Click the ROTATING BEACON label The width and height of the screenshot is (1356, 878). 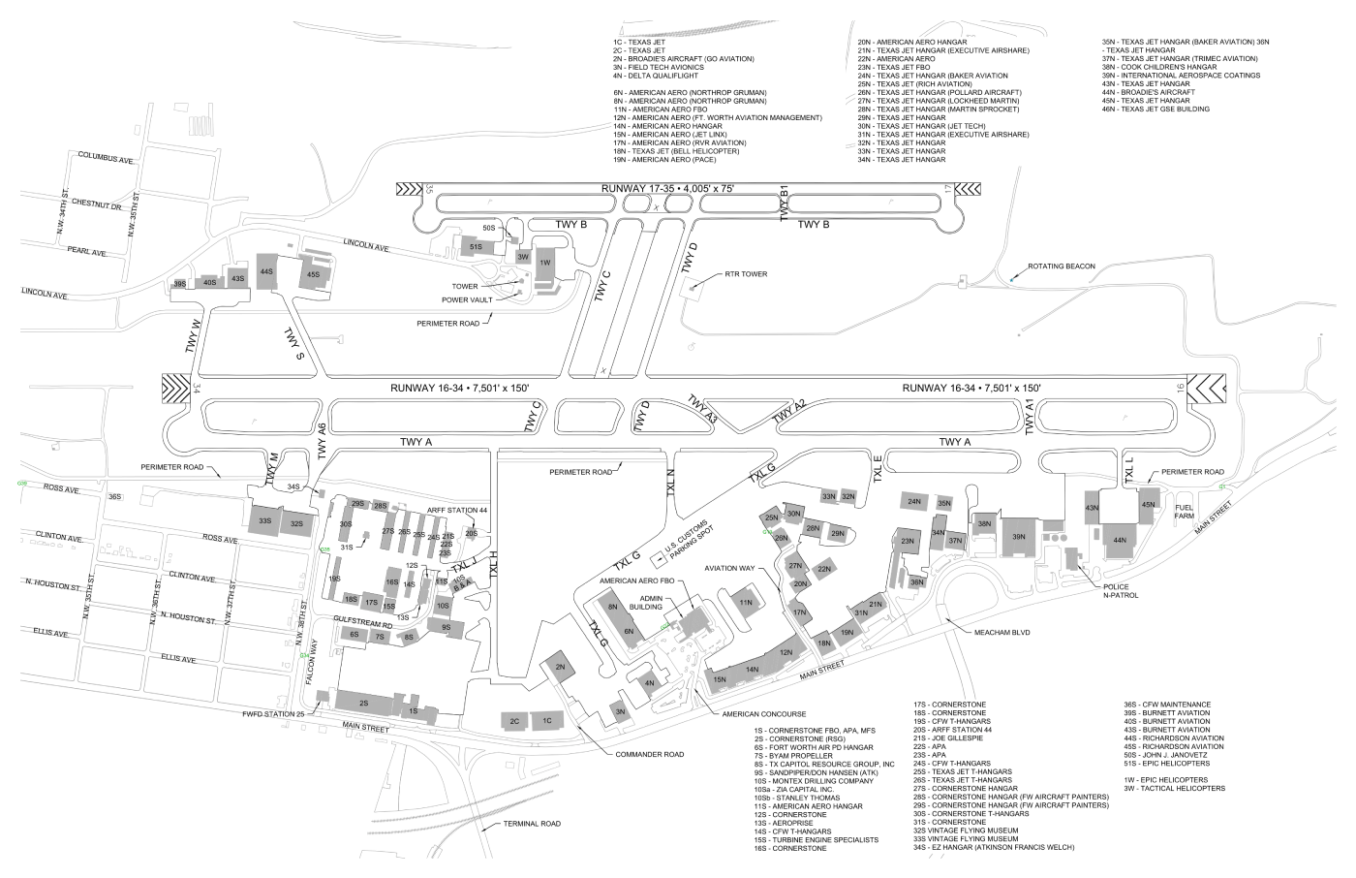point(1061,266)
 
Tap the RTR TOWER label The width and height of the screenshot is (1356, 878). point(746,274)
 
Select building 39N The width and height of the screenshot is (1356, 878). point(1018,536)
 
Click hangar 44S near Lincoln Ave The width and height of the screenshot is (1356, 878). point(266,271)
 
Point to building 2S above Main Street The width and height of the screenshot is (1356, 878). point(363,703)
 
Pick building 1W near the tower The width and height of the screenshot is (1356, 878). point(544,263)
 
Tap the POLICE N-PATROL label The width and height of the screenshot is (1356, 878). point(1121,591)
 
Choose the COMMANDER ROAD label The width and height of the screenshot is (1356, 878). point(650,754)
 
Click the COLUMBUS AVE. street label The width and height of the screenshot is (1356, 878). point(106,156)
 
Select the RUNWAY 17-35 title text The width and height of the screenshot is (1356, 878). point(667,187)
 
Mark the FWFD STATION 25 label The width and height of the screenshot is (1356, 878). point(273,714)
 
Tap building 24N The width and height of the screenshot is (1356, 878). point(914,502)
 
